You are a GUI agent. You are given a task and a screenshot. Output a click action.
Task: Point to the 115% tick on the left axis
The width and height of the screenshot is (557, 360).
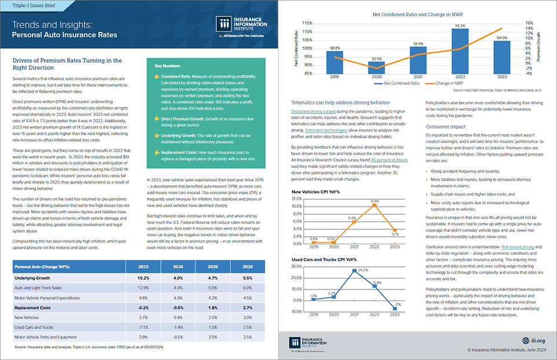pos(307,24)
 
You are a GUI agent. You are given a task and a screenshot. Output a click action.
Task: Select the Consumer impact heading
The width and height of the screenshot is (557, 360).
pos(446,126)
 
